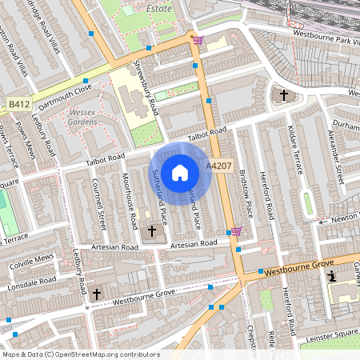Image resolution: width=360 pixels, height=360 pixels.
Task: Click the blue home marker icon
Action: tap(180, 172)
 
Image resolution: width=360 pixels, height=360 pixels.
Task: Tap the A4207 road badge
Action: tap(219, 166)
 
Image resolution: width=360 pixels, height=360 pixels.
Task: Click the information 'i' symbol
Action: tap(333, 277)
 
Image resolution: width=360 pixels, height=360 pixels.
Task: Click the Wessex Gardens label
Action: tap(82, 118)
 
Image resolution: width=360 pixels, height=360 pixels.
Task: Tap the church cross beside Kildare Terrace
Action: tap(283, 95)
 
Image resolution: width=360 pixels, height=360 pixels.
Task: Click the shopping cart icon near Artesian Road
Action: tap(235, 231)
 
